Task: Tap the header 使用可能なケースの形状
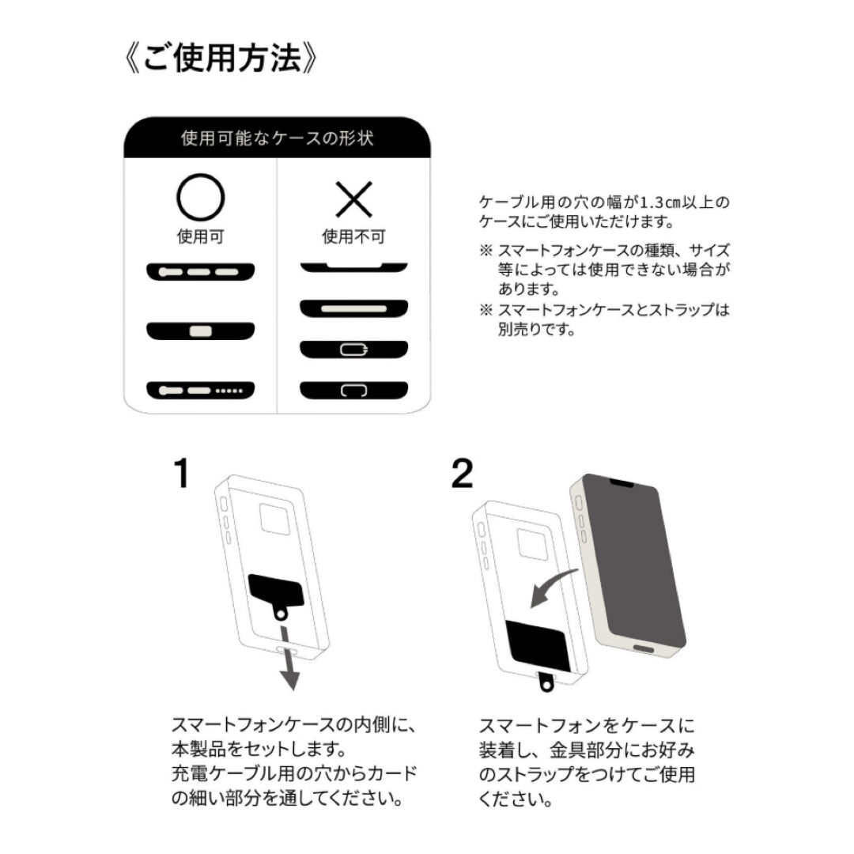click(277, 139)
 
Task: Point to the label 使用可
click(200, 236)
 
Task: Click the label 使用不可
click(353, 236)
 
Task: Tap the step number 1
click(182, 473)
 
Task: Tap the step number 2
click(463, 473)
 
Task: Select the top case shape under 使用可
click(200, 271)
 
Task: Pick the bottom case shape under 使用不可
click(353, 390)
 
